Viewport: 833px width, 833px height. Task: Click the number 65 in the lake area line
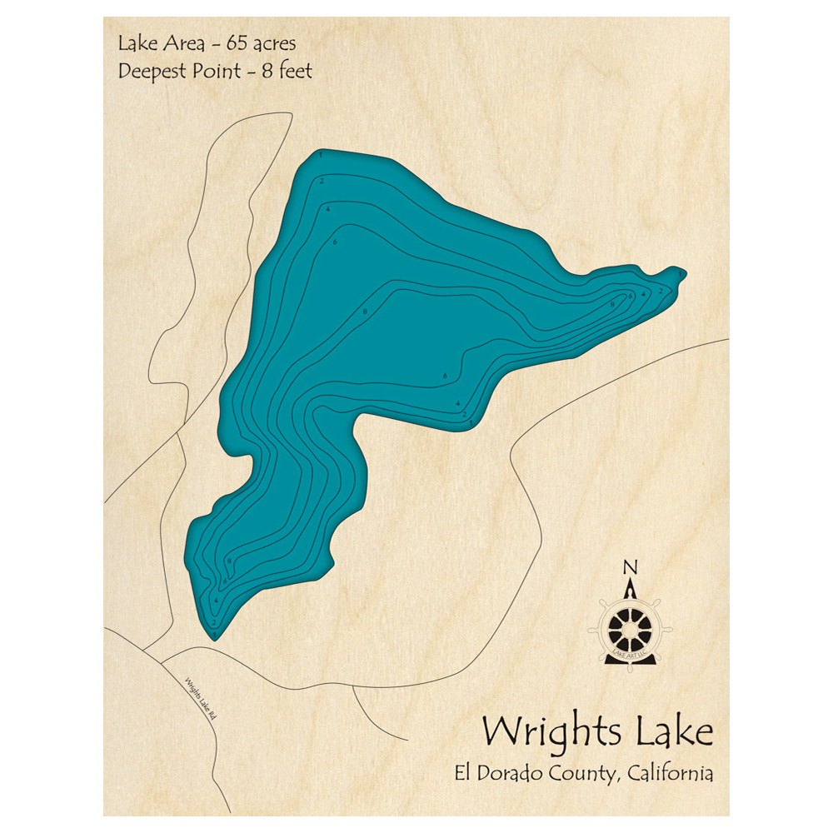coord(232,43)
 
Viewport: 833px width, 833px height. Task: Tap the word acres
coord(272,43)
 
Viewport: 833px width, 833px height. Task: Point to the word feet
coord(292,72)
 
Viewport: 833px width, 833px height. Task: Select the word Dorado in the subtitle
coord(512,773)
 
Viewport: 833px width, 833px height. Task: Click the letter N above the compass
coord(631,568)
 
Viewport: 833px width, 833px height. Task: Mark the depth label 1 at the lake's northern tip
coord(321,156)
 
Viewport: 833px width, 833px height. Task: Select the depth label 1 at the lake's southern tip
coord(215,636)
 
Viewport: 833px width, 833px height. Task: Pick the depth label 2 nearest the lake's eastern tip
coord(661,291)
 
